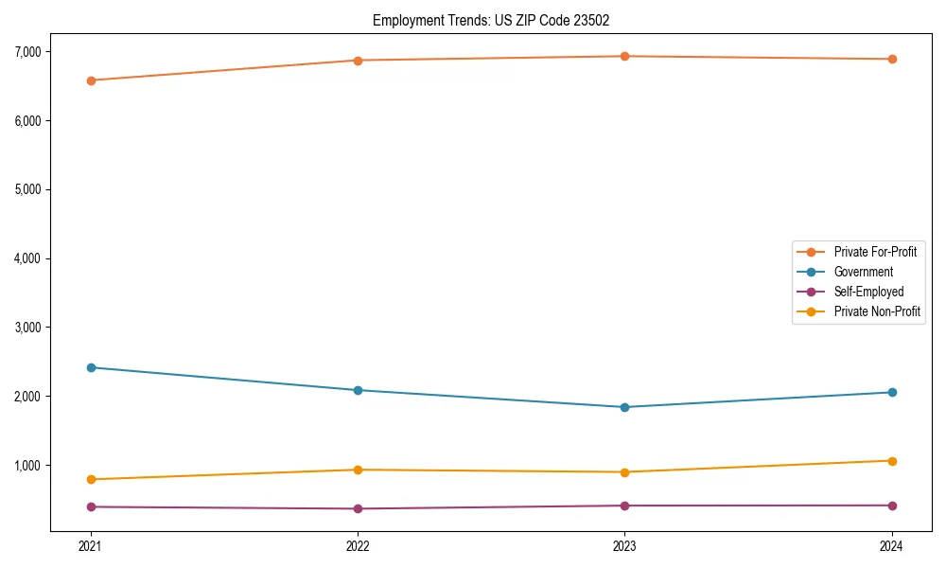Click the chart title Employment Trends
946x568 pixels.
click(498, 20)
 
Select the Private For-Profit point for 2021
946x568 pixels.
click(91, 80)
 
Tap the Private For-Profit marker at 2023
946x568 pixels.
click(625, 56)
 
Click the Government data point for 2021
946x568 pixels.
click(91, 367)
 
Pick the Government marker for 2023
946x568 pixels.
click(625, 407)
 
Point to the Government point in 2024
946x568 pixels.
click(892, 392)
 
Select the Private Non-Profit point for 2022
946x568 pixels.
click(358, 470)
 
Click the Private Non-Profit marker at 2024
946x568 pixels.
click(892, 461)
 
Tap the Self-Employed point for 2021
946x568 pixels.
click(91, 506)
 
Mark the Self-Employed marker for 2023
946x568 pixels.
click(625, 506)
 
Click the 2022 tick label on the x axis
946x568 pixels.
click(358, 545)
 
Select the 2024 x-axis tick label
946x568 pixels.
click(892, 545)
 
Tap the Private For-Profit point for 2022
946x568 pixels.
click(358, 61)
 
